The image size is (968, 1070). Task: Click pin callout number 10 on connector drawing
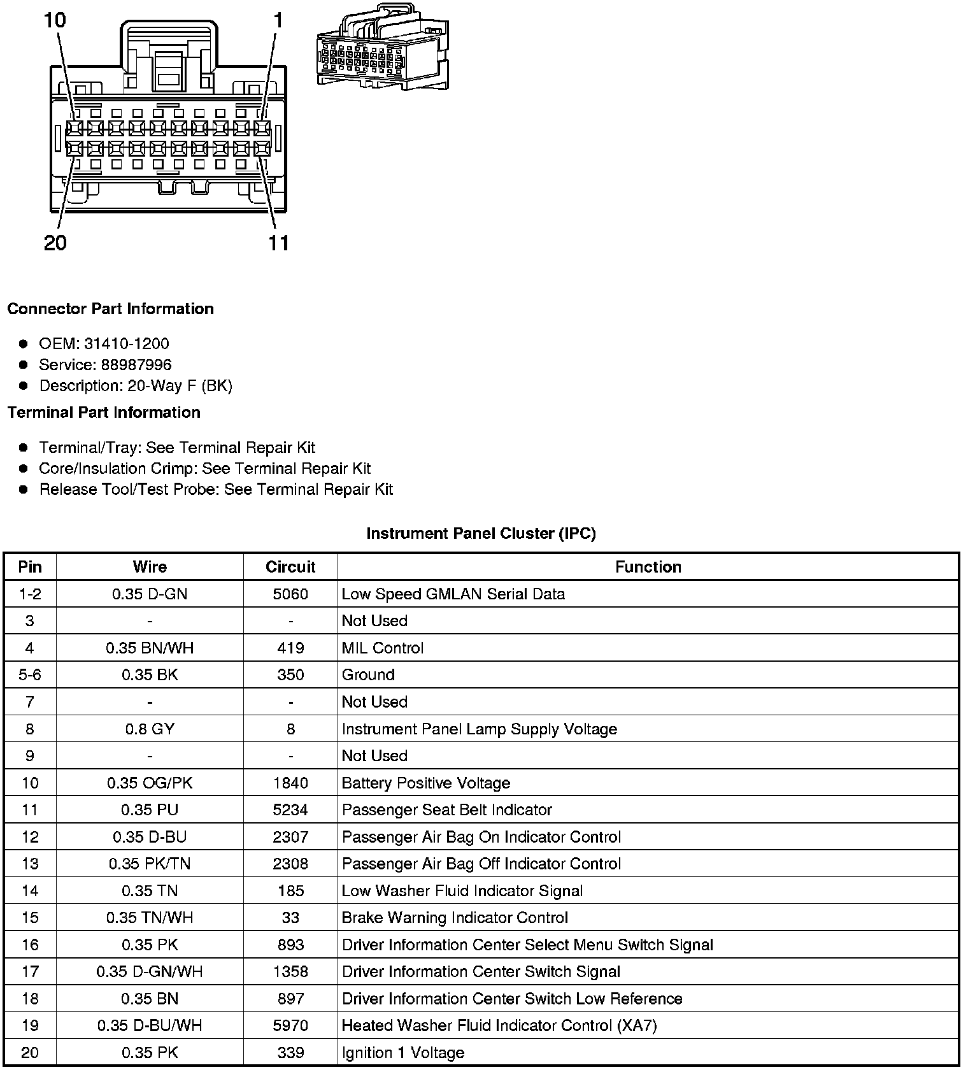tap(55, 20)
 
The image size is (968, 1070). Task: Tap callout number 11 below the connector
tap(278, 243)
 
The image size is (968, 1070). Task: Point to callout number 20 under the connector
tap(55, 243)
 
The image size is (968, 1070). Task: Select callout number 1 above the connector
tap(278, 20)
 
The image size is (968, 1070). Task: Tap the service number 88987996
tap(136, 365)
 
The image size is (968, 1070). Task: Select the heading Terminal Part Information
tap(104, 413)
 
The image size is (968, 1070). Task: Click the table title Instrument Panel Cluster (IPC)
tap(481, 534)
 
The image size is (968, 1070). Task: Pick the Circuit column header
tap(290, 567)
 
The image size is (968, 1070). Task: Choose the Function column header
tap(648, 567)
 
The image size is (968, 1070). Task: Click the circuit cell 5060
tap(290, 594)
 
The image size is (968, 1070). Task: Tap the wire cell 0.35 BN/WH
tap(150, 648)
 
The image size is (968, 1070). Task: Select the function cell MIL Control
tap(383, 648)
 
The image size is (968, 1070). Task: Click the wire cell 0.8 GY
tap(150, 729)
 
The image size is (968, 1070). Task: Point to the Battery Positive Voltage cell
tap(426, 783)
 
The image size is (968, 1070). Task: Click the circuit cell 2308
tap(290, 864)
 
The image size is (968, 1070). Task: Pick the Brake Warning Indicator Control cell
tap(455, 918)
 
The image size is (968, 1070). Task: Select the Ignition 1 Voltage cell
tap(403, 1053)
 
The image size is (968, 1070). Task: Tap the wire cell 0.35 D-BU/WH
tap(150, 1026)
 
